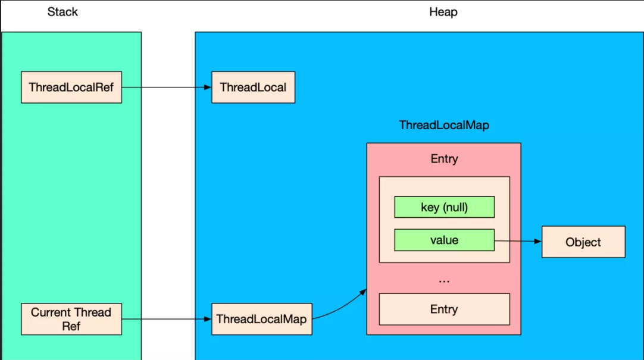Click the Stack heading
point(62,12)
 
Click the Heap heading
point(443,12)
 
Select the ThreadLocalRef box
point(71,87)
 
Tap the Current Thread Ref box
point(71,319)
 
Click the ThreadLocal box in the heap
point(253,87)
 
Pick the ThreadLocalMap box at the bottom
point(262,319)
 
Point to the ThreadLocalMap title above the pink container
point(444,125)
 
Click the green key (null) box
point(445,207)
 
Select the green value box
point(445,240)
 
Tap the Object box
point(583,242)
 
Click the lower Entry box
point(445,309)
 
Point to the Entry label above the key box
point(444,159)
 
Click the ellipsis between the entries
point(444,281)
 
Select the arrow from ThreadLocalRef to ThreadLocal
point(166,87)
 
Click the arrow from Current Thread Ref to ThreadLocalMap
point(166,319)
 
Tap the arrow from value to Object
point(518,241)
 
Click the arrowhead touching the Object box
point(538,242)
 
